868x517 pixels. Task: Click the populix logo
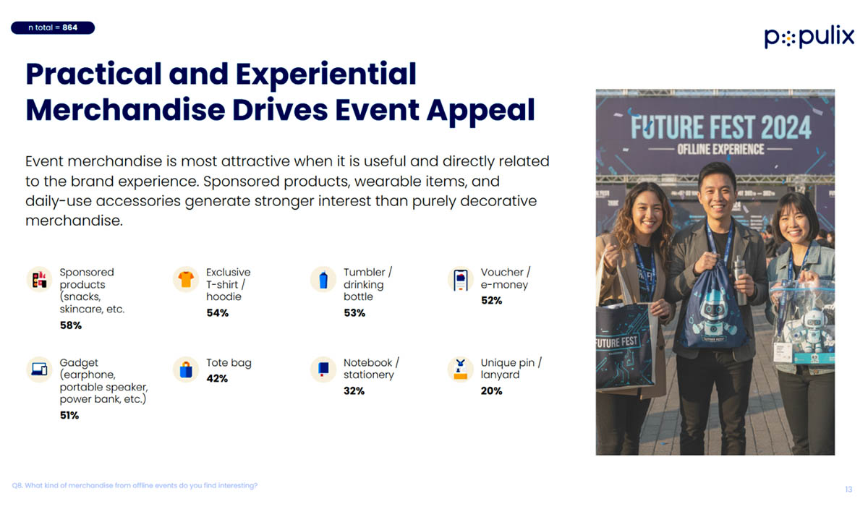[809, 37]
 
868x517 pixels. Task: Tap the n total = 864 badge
[53, 28]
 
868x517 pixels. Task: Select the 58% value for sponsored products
[71, 325]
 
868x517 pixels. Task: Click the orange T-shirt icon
[186, 279]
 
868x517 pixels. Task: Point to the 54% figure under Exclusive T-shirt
[217, 313]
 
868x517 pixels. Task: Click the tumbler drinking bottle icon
[323, 279]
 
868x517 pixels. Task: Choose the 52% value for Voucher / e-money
[491, 301]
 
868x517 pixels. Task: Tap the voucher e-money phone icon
[460, 279]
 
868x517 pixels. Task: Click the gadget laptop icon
[39, 369]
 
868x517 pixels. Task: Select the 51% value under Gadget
[69, 416]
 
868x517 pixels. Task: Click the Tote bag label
[229, 363]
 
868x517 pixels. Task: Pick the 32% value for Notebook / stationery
[354, 391]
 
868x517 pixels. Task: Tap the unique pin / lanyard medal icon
[460, 369]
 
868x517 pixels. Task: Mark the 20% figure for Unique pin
[491, 391]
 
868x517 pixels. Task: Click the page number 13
[848, 490]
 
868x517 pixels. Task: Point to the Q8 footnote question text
[135, 486]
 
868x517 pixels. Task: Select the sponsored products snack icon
[39, 279]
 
